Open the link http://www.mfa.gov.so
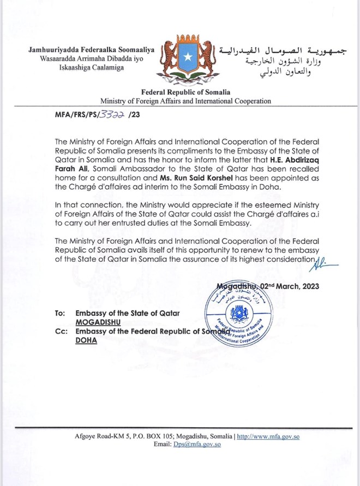pyautogui.click(x=268, y=437)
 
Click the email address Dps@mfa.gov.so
pyautogui.click(x=197, y=445)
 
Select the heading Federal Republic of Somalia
pyautogui.click(x=185, y=93)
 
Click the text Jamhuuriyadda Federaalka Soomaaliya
pyautogui.click(x=92, y=50)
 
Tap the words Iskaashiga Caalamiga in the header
pyautogui.click(x=92, y=68)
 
